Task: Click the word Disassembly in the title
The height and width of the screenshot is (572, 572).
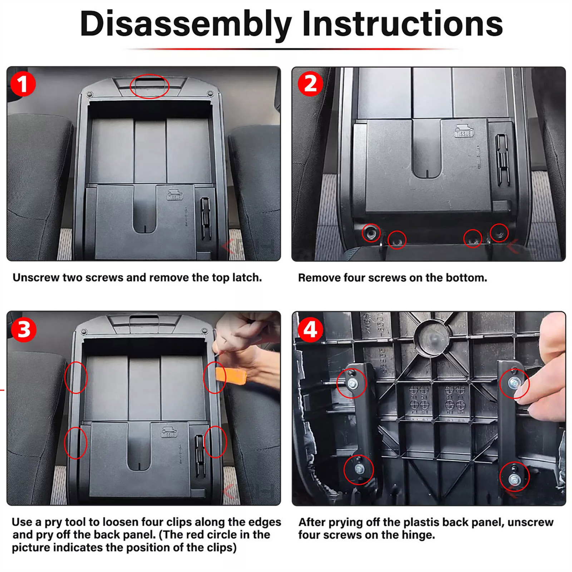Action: click(x=186, y=24)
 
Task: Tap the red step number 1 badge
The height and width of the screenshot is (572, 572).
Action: click(x=23, y=84)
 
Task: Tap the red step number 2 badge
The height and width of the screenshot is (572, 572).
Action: click(x=310, y=84)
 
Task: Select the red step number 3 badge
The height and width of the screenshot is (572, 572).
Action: click(x=24, y=329)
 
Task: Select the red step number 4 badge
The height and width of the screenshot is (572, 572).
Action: click(x=310, y=329)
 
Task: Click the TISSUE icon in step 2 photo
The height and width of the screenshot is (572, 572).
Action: click(x=464, y=131)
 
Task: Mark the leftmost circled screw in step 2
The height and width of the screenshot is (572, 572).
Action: click(x=371, y=233)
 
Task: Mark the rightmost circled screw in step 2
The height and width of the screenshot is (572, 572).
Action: click(x=499, y=233)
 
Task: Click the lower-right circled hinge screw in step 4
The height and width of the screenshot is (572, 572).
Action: click(x=514, y=477)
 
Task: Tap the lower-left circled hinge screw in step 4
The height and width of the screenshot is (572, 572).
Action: click(x=359, y=469)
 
